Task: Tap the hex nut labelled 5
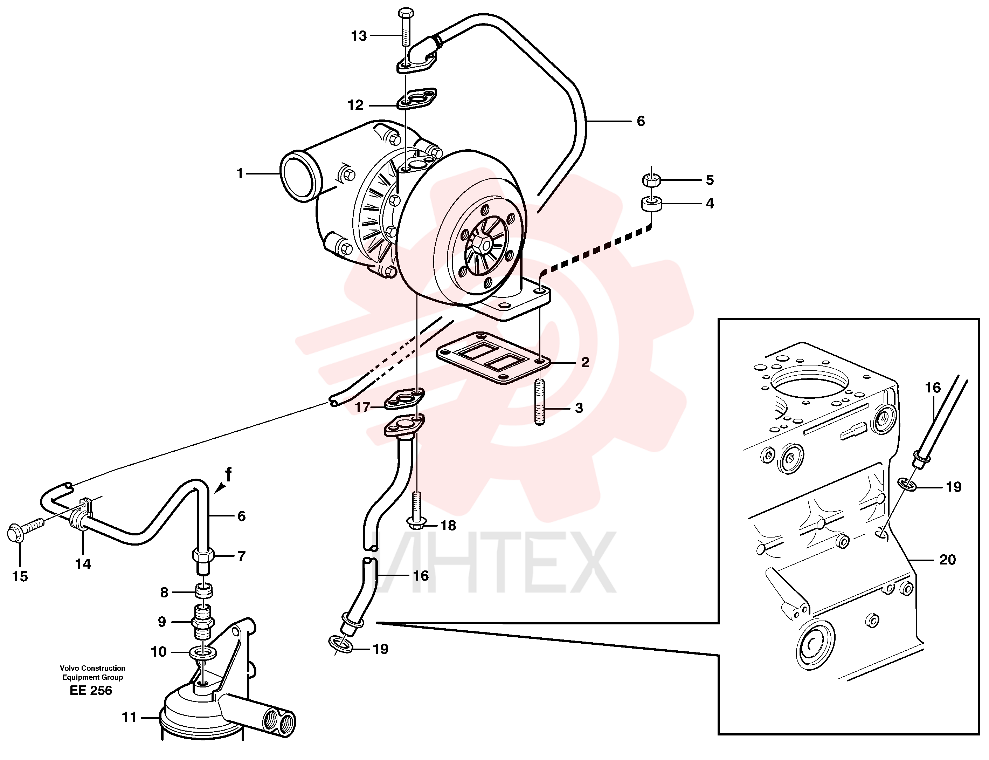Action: coord(651,180)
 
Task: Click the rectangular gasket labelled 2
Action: coord(493,358)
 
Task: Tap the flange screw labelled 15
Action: coord(26,530)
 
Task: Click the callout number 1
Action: coord(240,173)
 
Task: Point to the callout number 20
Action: coord(947,560)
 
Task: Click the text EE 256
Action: coord(91,690)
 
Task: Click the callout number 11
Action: coord(129,718)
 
